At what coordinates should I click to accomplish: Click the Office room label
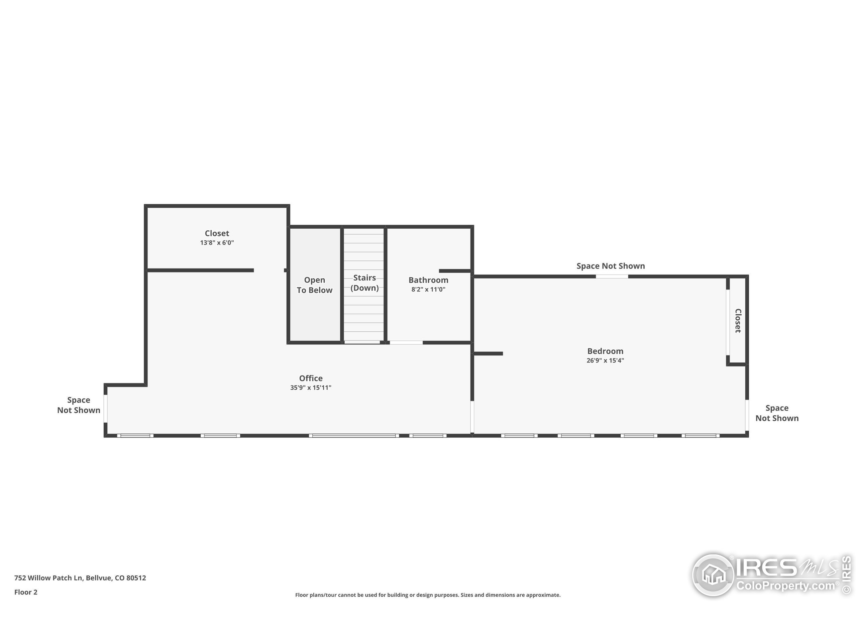pyautogui.click(x=311, y=378)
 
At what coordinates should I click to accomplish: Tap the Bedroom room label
pyautogui.click(x=605, y=351)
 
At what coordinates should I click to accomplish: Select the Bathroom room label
pyautogui.click(x=428, y=280)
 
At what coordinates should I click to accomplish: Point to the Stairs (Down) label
pyautogui.click(x=364, y=283)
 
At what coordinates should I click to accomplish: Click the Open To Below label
pyautogui.click(x=315, y=285)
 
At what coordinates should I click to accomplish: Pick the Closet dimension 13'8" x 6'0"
pyautogui.click(x=217, y=243)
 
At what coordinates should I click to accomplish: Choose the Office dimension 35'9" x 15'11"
pyautogui.click(x=311, y=387)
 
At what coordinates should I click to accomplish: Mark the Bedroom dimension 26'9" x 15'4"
pyautogui.click(x=605, y=360)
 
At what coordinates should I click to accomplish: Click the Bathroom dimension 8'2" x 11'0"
pyautogui.click(x=428, y=289)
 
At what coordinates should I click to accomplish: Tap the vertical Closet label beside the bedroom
pyautogui.click(x=738, y=320)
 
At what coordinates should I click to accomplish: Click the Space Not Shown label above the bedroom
pyautogui.click(x=611, y=266)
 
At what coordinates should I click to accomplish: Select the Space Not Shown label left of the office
pyautogui.click(x=79, y=405)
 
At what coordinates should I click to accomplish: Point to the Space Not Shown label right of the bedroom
pyautogui.click(x=777, y=413)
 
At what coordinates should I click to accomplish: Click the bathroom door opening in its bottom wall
pyautogui.click(x=406, y=342)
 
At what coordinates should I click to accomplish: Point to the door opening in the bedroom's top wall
pyautogui.click(x=612, y=276)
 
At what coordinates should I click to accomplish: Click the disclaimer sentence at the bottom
pyautogui.click(x=428, y=595)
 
